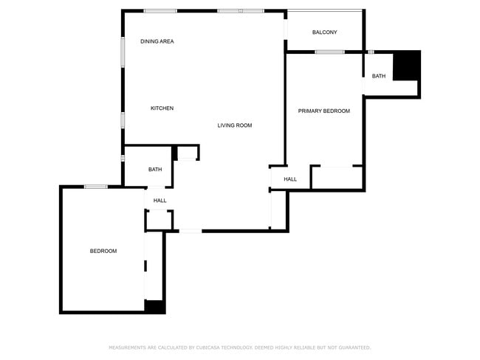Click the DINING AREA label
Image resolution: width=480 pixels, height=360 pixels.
pyautogui.click(x=157, y=41)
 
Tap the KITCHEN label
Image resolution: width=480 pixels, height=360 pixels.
pyautogui.click(x=162, y=108)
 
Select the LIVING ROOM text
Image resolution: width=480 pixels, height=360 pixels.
pyautogui.click(x=235, y=125)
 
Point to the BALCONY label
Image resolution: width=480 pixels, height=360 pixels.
pyautogui.click(x=325, y=32)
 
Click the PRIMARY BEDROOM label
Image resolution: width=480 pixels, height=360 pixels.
pyautogui.click(x=324, y=111)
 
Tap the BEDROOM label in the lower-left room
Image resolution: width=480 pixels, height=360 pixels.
pyautogui.click(x=103, y=251)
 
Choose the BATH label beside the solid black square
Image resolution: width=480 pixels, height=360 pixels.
pyautogui.click(x=379, y=76)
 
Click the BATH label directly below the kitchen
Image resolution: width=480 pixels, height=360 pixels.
pyautogui.click(x=155, y=170)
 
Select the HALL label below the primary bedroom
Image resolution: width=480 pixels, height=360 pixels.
pyautogui.click(x=290, y=179)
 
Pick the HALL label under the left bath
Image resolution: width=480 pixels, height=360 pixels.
pyautogui.click(x=160, y=201)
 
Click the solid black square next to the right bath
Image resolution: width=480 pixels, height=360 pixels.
pyautogui.click(x=406, y=65)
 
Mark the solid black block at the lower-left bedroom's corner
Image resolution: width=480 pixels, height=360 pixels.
pyautogui.click(x=155, y=307)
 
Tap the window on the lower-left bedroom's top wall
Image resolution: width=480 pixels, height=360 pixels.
pyautogui.click(x=96, y=187)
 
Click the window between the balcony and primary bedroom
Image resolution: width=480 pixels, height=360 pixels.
pyautogui.click(x=329, y=52)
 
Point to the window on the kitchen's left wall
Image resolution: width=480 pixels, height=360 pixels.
pyautogui.click(x=123, y=120)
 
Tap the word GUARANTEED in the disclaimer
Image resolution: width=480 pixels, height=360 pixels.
pyautogui.click(x=352, y=347)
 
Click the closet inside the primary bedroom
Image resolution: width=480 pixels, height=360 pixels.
pyautogui.click(x=337, y=178)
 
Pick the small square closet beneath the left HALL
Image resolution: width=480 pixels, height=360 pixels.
pyautogui.click(x=159, y=220)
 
